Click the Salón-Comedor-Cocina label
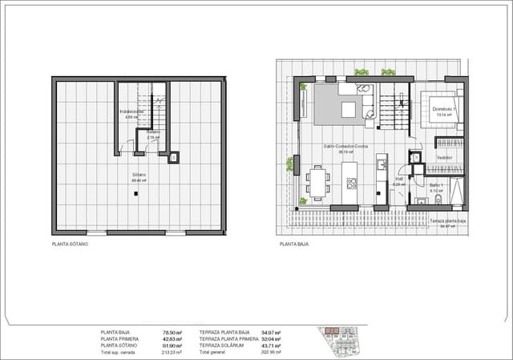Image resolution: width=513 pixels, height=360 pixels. coord(345,147)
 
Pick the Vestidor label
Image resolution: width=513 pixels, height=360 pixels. coord(445,158)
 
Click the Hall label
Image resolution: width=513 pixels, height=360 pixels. coord(398,180)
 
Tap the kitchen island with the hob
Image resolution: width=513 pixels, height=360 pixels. coord(350,181)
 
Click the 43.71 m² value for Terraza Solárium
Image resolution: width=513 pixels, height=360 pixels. coord(272,345)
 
